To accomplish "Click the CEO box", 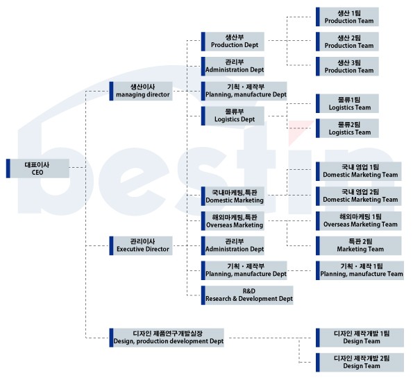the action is [37, 168].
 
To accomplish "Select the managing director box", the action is [141, 91].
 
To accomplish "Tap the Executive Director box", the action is [141, 245].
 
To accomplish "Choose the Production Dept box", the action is [233, 42].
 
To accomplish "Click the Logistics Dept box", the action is [233, 116].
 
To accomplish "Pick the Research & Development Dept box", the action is [247, 295].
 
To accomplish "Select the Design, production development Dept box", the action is [167, 338].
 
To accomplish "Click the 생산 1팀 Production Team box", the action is [348, 17].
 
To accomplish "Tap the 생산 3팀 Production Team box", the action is [348, 67].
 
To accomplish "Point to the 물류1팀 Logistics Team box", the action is [348, 103].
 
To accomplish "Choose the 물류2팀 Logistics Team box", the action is [348, 128].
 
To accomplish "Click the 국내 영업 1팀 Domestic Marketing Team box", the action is [359, 171].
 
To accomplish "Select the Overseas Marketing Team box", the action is [359, 221].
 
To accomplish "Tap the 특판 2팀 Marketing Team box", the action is [359, 245].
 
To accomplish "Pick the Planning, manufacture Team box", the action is [360, 270].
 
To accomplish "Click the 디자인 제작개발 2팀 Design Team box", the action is [360, 363].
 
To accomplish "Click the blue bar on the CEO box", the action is [8, 168].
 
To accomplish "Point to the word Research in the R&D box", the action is [218, 299].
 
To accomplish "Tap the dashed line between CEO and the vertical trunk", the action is [78, 167].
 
